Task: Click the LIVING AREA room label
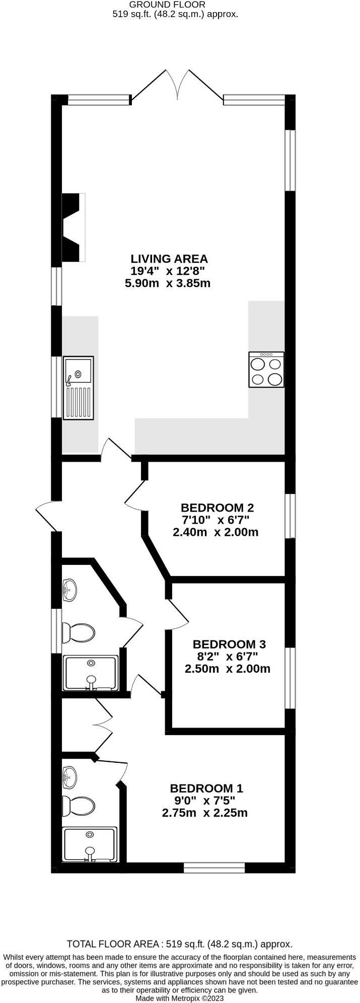click(169, 259)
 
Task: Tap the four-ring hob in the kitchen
click(266, 370)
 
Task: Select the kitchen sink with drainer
click(79, 388)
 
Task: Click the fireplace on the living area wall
click(73, 228)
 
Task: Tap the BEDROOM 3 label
click(229, 644)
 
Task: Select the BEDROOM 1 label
click(206, 788)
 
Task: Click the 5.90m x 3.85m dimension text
click(167, 283)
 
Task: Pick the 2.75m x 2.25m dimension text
click(204, 813)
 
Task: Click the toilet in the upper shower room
click(79, 632)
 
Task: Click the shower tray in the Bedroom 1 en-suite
click(90, 844)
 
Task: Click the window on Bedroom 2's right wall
click(291, 516)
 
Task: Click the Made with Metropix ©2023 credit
click(180, 998)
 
